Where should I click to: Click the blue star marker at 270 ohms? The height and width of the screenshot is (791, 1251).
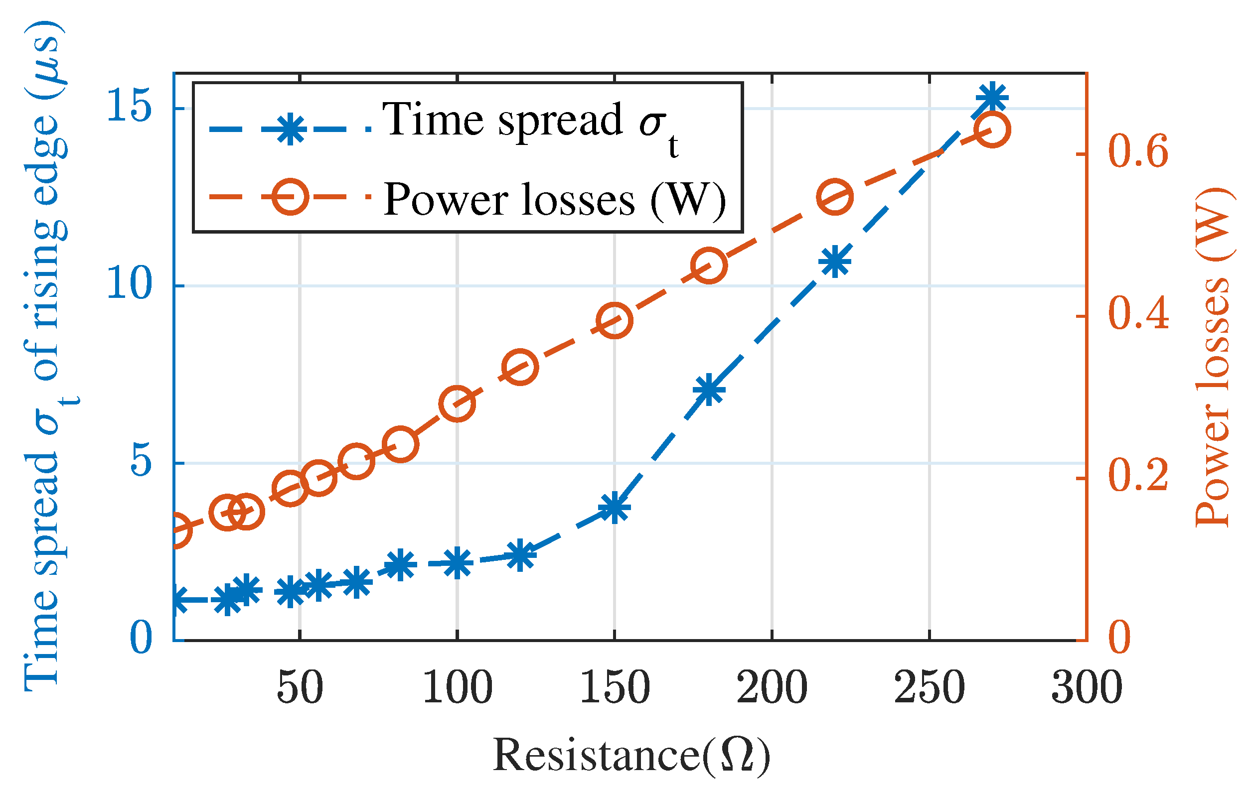click(x=992, y=98)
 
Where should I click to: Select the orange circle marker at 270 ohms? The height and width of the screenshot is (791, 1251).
click(x=992, y=130)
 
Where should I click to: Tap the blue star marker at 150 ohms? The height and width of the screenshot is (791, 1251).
click(x=615, y=508)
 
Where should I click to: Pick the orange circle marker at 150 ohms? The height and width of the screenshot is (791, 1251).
click(x=615, y=321)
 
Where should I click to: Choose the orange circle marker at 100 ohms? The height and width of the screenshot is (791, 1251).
click(x=457, y=403)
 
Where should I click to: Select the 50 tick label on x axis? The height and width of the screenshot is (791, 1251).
click(x=300, y=688)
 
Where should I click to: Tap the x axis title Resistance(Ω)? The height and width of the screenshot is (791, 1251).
click(x=631, y=756)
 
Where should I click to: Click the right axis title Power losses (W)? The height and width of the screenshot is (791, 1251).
click(x=1214, y=358)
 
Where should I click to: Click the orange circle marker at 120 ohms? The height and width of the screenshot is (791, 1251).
click(x=520, y=367)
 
